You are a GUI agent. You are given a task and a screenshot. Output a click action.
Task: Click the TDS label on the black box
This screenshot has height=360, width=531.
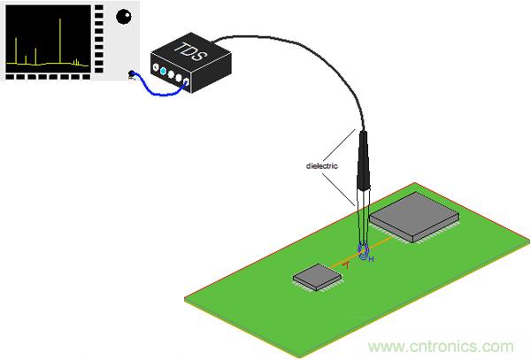click(x=190, y=51)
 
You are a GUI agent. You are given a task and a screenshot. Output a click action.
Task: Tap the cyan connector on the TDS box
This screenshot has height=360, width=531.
click(x=163, y=71)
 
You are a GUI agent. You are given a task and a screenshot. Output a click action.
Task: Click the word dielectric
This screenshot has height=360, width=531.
click(x=322, y=165)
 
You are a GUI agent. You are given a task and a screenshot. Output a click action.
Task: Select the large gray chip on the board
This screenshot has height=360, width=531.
click(x=414, y=218)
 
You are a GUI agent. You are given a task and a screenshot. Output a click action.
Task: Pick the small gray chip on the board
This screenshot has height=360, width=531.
click(x=317, y=277)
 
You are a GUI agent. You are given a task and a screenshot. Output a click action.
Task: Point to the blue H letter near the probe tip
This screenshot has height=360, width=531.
click(x=371, y=259)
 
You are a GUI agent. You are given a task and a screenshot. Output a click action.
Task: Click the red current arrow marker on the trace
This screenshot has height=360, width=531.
click(x=346, y=265)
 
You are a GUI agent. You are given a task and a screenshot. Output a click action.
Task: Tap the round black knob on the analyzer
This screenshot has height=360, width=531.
click(x=124, y=16)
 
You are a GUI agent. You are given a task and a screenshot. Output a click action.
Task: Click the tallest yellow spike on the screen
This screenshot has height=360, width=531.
click(x=60, y=41)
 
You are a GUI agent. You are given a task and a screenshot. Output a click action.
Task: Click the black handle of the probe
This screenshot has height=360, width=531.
click(x=364, y=161)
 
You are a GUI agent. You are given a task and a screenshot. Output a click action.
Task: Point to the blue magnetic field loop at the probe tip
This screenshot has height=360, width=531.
click(x=364, y=252)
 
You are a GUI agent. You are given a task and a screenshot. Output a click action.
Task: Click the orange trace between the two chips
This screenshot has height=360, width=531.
click(x=362, y=252)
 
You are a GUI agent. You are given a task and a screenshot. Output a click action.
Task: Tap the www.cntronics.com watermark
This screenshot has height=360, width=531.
click(x=441, y=347)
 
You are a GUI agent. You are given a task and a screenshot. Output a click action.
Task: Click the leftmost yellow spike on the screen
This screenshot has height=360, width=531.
click(x=16, y=50)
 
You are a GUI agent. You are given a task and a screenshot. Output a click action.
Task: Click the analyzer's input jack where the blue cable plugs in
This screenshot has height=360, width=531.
click(x=131, y=74)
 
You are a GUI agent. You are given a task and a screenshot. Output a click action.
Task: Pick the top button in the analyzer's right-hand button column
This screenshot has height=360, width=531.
click(x=99, y=7)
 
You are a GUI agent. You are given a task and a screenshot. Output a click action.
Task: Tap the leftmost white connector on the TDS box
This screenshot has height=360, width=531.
click(x=156, y=67)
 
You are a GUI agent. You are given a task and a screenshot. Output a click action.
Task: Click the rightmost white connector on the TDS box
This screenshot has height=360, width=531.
click(x=186, y=81)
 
